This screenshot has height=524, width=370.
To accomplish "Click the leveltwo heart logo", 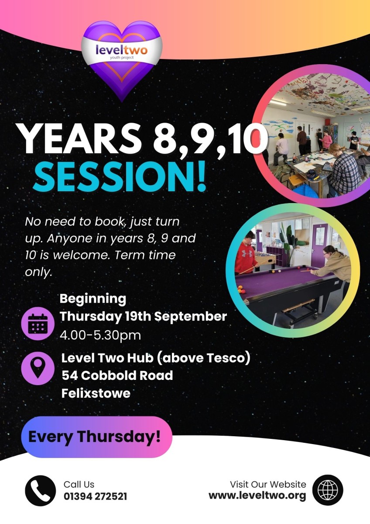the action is pyautogui.click(x=122, y=60).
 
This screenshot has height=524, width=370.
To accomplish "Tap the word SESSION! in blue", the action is pyautogui.click(x=120, y=176).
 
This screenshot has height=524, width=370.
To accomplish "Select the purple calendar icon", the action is pyautogui.click(x=38, y=324).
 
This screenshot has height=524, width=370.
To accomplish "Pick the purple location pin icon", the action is pyautogui.click(x=38, y=369).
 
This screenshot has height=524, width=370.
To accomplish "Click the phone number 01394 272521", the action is pyautogui.click(x=96, y=496).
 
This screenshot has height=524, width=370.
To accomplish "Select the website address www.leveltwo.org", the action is pyautogui.click(x=257, y=496).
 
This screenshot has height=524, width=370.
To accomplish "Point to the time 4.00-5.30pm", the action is pyautogui.click(x=100, y=335).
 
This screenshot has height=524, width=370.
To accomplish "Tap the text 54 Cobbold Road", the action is pyautogui.click(x=117, y=375).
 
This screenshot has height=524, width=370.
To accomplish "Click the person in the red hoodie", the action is pyautogui.click(x=246, y=254).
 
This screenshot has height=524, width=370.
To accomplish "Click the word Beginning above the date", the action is pyautogui.click(x=93, y=299).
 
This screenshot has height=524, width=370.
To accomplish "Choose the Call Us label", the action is pyautogui.click(x=79, y=484).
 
